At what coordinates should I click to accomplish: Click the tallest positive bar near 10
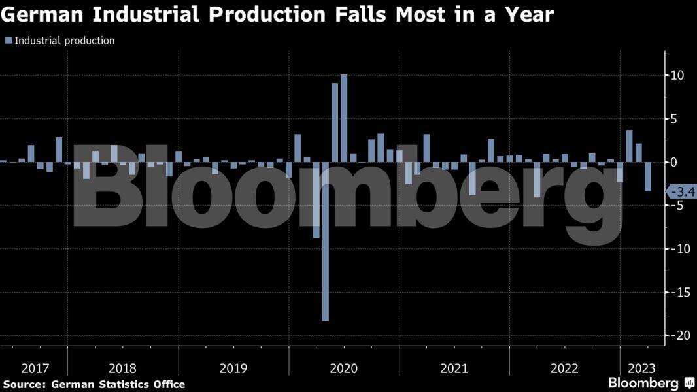coord(344,118)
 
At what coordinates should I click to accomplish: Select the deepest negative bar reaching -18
coord(326,242)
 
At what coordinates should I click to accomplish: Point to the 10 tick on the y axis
coord(677,75)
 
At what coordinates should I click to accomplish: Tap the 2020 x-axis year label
coord(344,368)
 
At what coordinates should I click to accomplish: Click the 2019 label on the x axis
coord(233,368)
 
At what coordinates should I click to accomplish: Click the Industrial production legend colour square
coord(8,41)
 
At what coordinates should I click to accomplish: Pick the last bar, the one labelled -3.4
coord(648,176)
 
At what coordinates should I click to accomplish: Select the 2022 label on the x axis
coord(564,368)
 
